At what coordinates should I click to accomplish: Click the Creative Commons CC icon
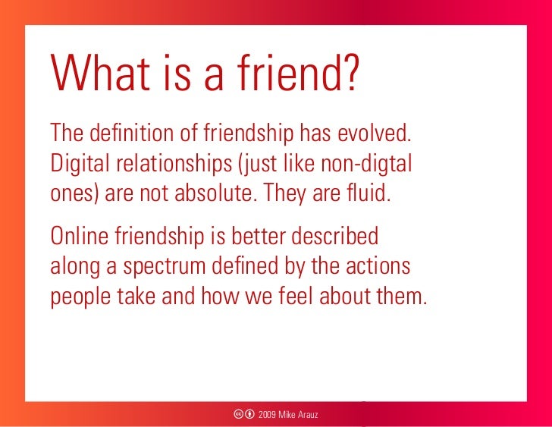238,414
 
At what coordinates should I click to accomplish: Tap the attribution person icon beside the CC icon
249,414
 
